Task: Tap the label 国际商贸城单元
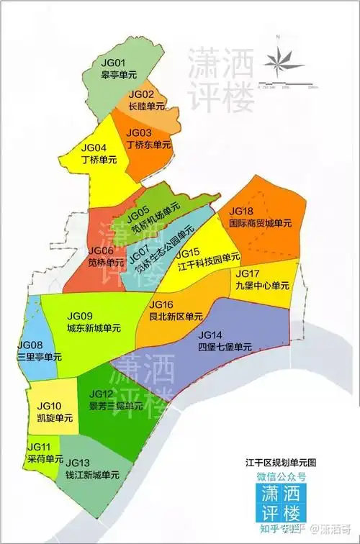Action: [259, 223]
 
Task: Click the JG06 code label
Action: [100, 250]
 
